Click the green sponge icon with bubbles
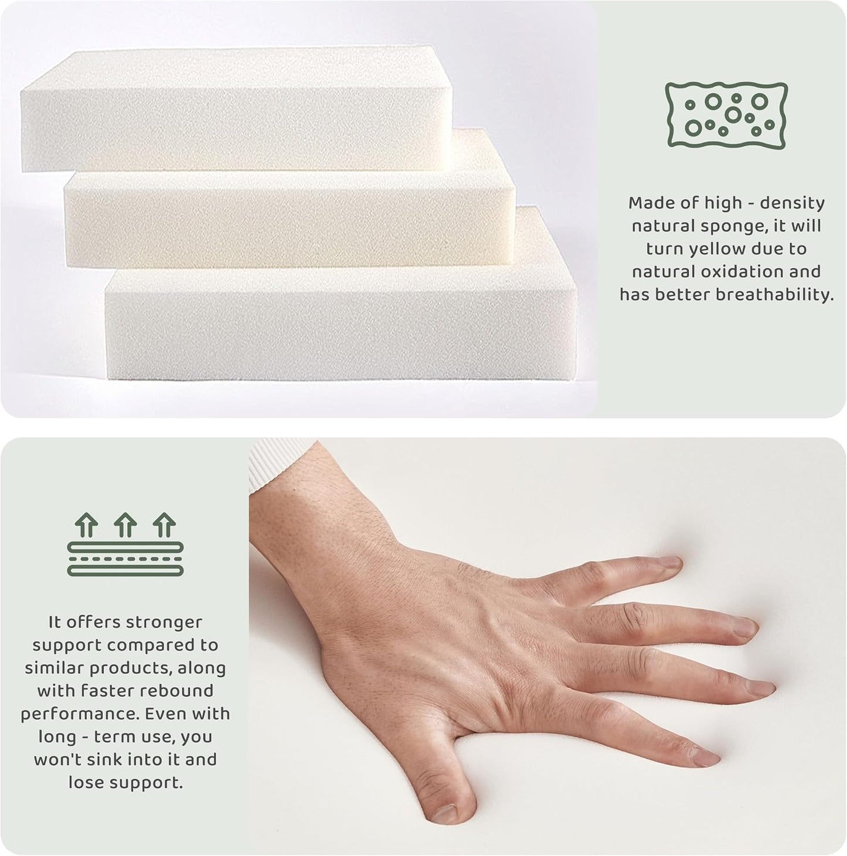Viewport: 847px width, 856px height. [x=726, y=115]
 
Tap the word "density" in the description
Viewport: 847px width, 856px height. [x=792, y=203]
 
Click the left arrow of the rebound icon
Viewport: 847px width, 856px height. [x=86, y=525]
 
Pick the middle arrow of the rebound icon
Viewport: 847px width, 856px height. [x=125, y=525]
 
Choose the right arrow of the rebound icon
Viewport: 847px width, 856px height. [x=165, y=525]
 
